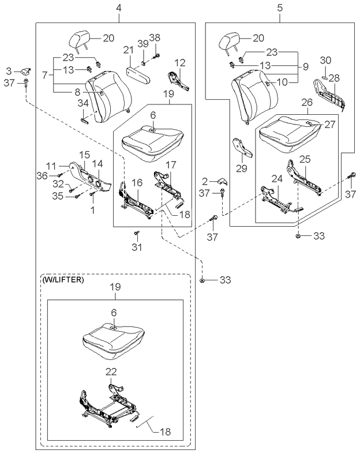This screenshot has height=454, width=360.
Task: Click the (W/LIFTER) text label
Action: pyautogui.click(x=63, y=280)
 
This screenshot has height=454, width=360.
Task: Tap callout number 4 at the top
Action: pyautogui.click(x=119, y=7)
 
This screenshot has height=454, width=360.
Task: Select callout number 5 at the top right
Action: pyautogui.click(x=279, y=7)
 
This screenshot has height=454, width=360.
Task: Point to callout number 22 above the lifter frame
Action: pyautogui.click(x=111, y=372)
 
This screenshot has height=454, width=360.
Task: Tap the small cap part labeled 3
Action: pyautogui.click(x=26, y=71)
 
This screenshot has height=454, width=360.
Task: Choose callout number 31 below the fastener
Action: pyautogui.click(x=136, y=247)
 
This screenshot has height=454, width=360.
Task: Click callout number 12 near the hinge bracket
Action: pyautogui.click(x=180, y=63)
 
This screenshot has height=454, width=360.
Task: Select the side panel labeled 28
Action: pyautogui.click(x=330, y=95)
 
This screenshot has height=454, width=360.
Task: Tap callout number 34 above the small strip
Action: pyautogui.click(x=83, y=103)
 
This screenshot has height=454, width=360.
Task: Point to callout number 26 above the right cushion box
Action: pyautogui.click(x=307, y=102)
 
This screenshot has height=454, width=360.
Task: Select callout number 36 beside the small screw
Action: pyautogui.click(x=42, y=175)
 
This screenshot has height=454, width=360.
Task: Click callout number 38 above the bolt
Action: pyautogui.click(x=155, y=37)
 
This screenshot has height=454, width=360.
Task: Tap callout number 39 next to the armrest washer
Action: pyautogui.click(x=143, y=44)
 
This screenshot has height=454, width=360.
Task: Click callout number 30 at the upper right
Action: pyautogui.click(x=325, y=60)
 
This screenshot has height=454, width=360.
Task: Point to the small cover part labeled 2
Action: pyautogui.click(x=223, y=181)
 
